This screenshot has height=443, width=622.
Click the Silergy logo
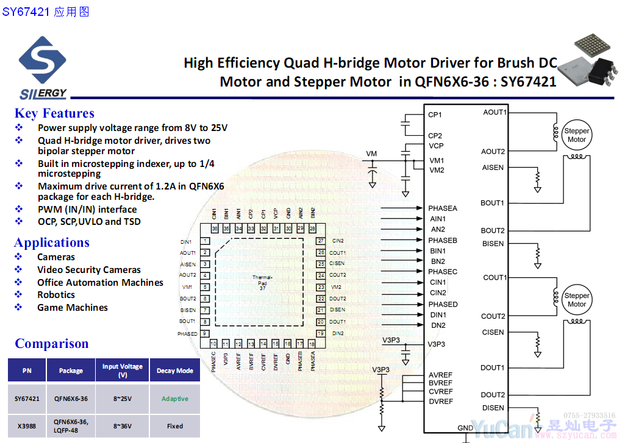tap(42, 67)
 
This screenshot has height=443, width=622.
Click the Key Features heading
tap(54, 113)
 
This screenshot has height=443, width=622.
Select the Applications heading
tap(52, 243)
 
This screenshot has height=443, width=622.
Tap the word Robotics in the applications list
tap(56, 295)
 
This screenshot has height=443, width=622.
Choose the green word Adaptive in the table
tap(175, 399)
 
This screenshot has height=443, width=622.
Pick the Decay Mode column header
tap(175, 370)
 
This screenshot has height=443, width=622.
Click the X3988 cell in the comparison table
tap(27, 426)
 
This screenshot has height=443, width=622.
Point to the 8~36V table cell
tap(122, 426)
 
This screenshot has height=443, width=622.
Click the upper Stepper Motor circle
tap(576, 135)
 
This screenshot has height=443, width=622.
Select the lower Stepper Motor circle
tap(576, 300)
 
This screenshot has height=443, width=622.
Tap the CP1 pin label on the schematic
tap(435, 115)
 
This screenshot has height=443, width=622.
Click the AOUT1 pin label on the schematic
tap(494, 112)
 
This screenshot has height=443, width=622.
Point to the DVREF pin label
tap(441, 401)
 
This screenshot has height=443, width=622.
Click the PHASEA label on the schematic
tap(442, 208)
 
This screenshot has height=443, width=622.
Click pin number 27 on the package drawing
tap(321, 241)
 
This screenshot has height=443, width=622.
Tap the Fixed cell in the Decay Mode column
tap(175, 426)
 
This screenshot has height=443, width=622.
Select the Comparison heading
tap(52, 344)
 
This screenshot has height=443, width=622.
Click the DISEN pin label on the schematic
tap(493, 408)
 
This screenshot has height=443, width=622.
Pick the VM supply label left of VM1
tap(371, 153)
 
